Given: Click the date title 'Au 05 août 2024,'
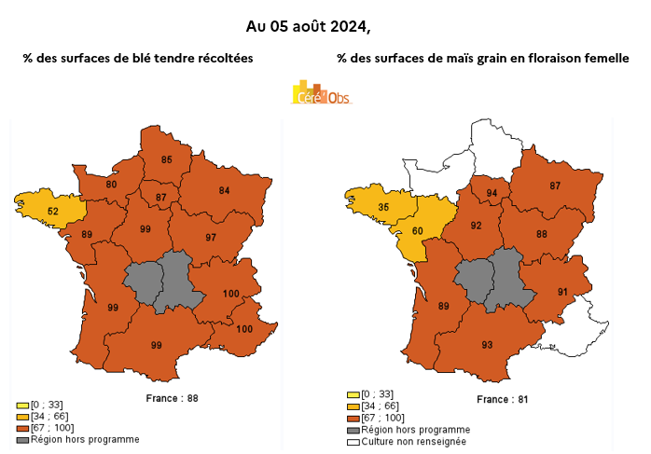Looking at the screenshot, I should click(x=324, y=25).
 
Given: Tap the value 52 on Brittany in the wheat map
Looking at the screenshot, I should click(x=53, y=212).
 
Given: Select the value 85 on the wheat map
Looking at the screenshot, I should click(x=167, y=159).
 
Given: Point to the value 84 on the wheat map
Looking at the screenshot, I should click(x=224, y=190).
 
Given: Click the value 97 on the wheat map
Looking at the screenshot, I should click(x=211, y=238).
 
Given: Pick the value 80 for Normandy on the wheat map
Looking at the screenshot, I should click(x=111, y=185).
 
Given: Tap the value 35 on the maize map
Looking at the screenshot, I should click(x=382, y=207).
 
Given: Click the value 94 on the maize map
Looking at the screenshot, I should click(x=492, y=193).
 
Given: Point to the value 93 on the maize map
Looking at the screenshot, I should click(x=487, y=345).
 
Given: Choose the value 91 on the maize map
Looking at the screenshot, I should click(x=563, y=292).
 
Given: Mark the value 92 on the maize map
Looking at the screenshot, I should click(x=477, y=226).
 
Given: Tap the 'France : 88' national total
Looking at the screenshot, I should click(x=173, y=398).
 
